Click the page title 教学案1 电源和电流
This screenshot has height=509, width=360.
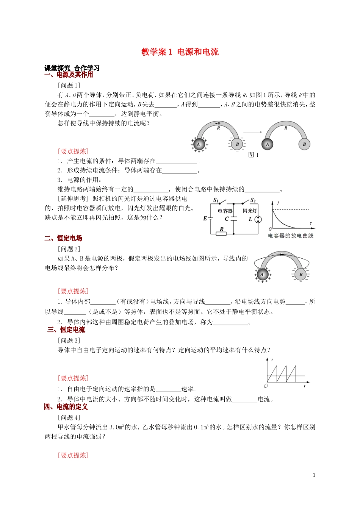(x=180, y=52)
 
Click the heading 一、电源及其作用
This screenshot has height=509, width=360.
(x=69, y=75)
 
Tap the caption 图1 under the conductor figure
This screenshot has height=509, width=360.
(x=253, y=155)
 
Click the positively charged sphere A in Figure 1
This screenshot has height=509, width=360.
(x=199, y=144)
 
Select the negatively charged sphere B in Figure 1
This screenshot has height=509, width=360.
(x=237, y=144)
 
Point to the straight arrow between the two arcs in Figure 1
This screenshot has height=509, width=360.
(x=252, y=132)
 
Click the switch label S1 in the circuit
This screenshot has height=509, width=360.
(x=216, y=200)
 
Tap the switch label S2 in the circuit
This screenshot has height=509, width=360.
(x=253, y=200)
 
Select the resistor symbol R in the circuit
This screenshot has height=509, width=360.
(x=221, y=233)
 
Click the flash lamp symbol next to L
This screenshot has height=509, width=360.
(x=258, y=219)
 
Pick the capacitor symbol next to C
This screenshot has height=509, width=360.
(x=234, y=219)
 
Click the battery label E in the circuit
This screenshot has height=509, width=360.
(x=205, y=219)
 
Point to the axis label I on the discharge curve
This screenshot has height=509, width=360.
(x=278, y=203)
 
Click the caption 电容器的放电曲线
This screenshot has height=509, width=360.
(x=291, y=236)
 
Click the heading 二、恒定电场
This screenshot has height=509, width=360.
(x=63, y=238)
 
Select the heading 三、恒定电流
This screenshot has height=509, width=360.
(x=66, y=330)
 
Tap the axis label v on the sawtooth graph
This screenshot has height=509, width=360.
(x=272, y=360)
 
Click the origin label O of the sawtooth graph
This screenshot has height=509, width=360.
(x=266, y=386)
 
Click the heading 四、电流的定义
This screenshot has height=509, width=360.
(x=66, y=407)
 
